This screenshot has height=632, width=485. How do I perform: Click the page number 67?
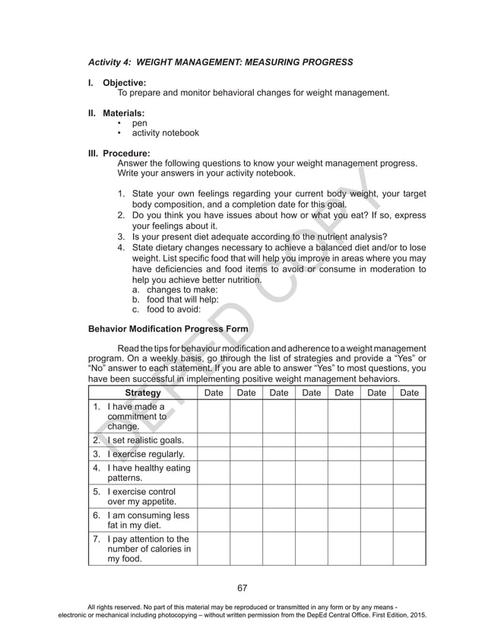[x=242, y=587]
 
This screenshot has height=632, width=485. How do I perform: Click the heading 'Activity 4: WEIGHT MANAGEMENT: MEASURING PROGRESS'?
[x=221, y=61]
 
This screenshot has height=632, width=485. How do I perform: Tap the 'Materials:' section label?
[x=124, y=113]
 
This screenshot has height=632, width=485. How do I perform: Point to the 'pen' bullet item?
[x=140, y=123]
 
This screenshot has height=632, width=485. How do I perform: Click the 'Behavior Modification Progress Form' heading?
[x=168, y=329]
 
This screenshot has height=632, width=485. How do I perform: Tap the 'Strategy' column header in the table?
[x=142, y=393]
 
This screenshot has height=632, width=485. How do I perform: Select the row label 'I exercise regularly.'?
[x=146, y=455]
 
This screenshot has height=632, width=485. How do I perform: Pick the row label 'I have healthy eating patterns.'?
[x=148, y=473]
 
